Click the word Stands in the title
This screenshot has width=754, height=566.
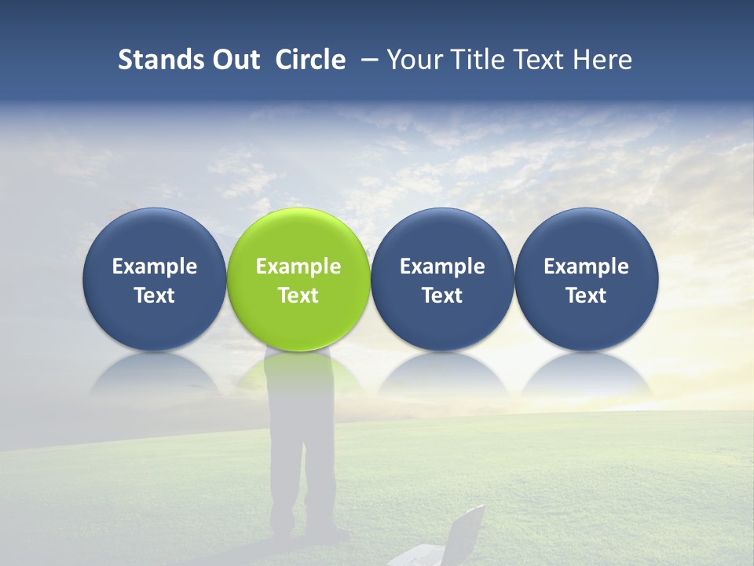tap(161, 60)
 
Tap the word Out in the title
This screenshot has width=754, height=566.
tap(234, 60)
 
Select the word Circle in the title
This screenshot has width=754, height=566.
tap(310, 60)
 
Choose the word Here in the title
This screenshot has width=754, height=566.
tap(602, 60)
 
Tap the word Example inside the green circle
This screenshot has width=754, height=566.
tap(298, 266)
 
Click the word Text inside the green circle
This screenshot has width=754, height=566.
tap(298, 296)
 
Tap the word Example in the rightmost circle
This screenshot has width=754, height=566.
tap(587, 266)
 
